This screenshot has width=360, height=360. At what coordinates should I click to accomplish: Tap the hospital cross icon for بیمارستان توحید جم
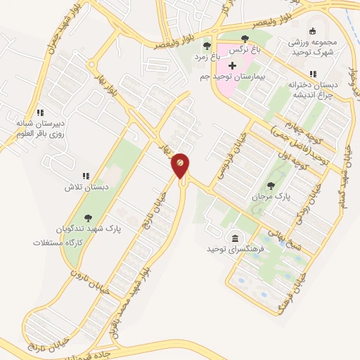pyautogui.click(x=232, y=65)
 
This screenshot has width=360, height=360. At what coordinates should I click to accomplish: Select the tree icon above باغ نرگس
pyautogui.click(x=244, y=39)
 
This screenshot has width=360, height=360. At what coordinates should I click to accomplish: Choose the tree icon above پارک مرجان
pyautogui.click(x=271, y=185)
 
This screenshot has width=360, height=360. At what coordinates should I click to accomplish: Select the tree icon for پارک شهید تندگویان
pyautogui.click(x=88, y=218)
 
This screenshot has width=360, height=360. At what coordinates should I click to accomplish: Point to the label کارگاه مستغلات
pyautogui.click(x=58, y=242)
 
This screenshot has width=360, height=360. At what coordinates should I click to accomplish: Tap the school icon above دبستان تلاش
pyautogui.click(x=86, y=176)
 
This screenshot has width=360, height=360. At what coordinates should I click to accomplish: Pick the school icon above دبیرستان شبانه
pyautogui.click(x=41, y=112)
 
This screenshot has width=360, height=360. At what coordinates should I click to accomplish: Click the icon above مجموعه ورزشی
pyautogui.click(x=313, y=30)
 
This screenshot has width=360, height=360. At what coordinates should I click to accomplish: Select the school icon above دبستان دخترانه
pyautogui.click(x=313, y=73)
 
